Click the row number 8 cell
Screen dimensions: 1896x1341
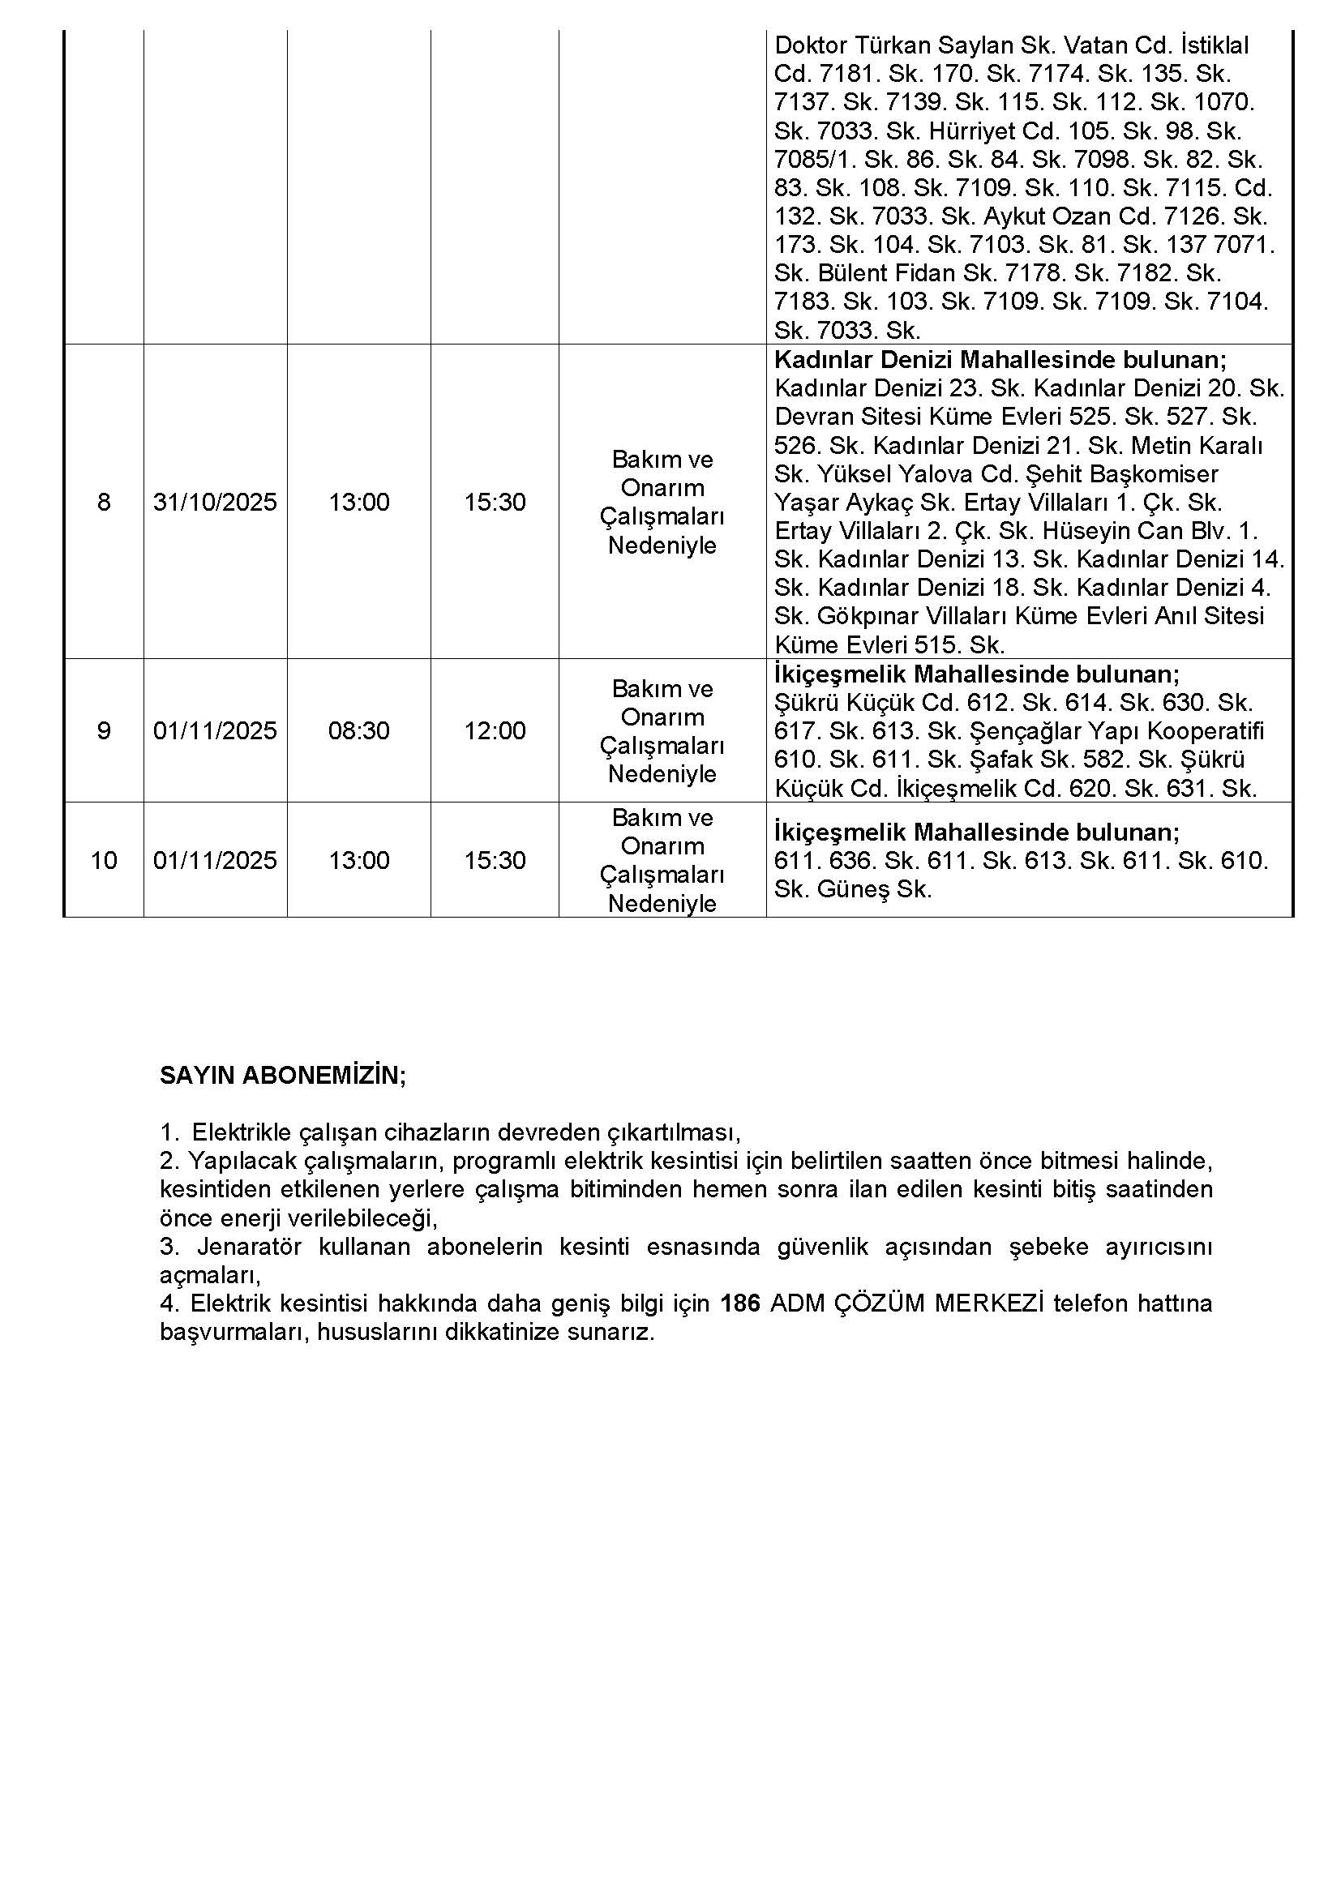click(x=103, y=502)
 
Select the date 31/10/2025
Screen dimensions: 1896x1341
click(x=215, y=502)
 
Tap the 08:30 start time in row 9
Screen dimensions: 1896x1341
click(x=358, y=731)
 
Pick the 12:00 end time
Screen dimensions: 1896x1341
click(x=495, y=731)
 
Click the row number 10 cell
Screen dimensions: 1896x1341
click(x=103, y=861)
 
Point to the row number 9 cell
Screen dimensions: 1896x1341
click(x=103, y=731)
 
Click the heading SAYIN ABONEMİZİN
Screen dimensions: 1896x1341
click(x=282, y=1076)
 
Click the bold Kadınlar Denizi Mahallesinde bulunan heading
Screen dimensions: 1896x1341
click(x=1000, y=360)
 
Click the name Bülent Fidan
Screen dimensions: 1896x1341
click(x=888, y=273)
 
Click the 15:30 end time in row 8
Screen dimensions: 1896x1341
click(x=495, y=502)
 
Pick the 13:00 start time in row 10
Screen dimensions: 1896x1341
click(x=358, y=861)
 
